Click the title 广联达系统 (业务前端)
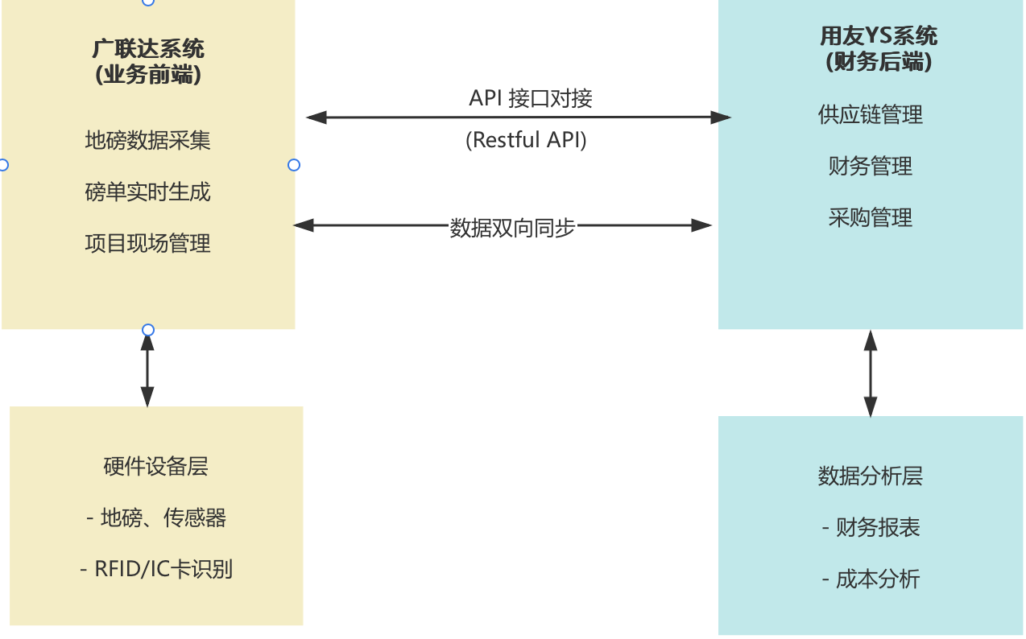148,62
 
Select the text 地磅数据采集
147,140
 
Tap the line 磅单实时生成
147,192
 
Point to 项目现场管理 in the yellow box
147,243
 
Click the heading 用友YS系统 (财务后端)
879,49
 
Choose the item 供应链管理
871,114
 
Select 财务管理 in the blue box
871,166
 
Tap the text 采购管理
871,217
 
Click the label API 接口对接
531,98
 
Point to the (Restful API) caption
526,139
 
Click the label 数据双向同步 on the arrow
512,228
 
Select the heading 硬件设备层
155,467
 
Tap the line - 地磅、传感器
156,517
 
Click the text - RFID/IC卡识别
156,570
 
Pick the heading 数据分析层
871,476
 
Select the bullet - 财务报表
871,527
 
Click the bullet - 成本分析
871,579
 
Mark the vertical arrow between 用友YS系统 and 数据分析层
871,373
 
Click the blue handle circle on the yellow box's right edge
294,165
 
